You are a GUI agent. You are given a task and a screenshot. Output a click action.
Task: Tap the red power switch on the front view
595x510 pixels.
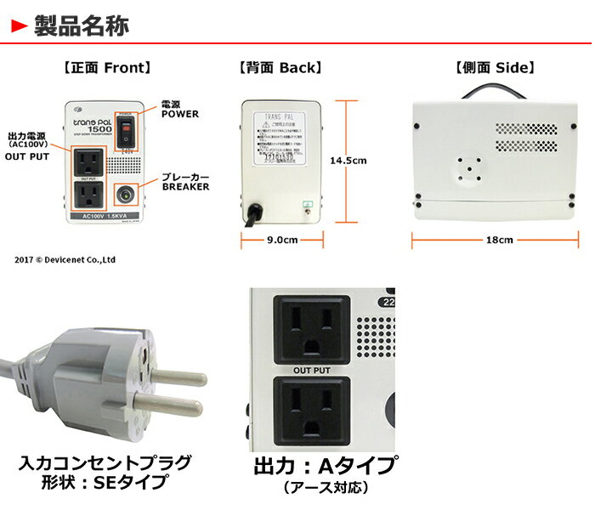tap(127, 129)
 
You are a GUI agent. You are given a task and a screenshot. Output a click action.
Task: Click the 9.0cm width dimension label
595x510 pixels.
tap(280, 240)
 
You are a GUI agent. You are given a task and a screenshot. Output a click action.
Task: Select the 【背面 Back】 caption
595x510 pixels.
tap(280, 67)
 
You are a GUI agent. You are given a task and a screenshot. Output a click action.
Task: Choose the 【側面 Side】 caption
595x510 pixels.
tap(495, 67)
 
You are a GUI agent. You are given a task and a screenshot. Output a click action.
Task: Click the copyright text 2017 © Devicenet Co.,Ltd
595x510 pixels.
tap(65, 258)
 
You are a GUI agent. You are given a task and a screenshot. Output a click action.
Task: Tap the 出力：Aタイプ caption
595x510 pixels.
tap(325, 467)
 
